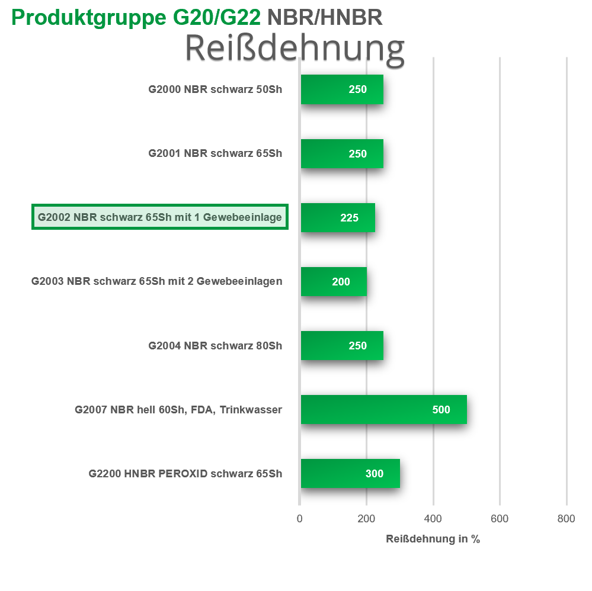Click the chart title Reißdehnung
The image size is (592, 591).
(295, 49)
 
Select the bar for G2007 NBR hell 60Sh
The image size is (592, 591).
(384, 409)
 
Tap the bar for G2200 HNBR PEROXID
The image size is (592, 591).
(350, 473)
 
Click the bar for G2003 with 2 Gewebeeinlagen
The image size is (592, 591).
(334, 281)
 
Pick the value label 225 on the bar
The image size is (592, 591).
(349, 218)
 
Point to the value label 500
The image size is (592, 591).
(441, 409)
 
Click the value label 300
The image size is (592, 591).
(374, 474)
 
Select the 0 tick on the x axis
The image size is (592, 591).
(299, 519)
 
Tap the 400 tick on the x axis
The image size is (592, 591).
(433, 519)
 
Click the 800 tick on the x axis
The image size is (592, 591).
(566, 519)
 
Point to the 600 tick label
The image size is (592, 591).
(500, 519)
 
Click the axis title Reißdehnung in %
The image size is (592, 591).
(433, 539)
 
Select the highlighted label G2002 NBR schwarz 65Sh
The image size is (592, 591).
(160, 217)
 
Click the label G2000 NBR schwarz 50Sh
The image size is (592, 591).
(215, 89)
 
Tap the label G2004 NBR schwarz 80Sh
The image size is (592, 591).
(215, 346)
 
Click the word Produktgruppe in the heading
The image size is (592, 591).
(89, 18)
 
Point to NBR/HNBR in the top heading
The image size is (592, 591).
(325, 17)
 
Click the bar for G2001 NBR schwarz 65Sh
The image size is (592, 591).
(342, 153)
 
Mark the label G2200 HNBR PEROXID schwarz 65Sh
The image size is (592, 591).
(185, 474)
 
